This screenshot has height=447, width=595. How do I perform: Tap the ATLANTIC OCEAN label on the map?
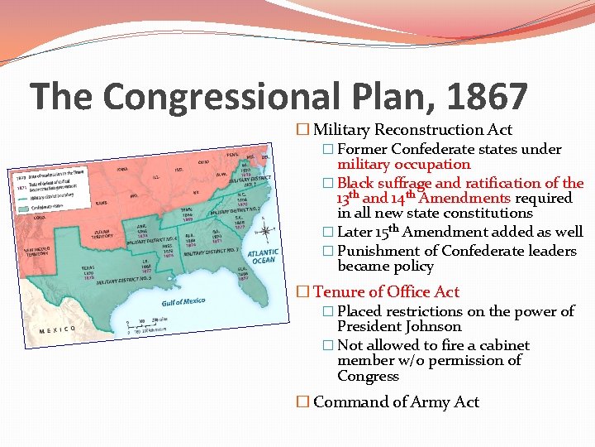click(x=264, y=256)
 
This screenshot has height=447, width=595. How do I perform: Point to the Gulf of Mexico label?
click(x=183, y=302)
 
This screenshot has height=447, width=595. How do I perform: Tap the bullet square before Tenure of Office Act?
click(x=302, y=291)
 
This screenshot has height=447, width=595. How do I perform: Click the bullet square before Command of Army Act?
click(x=302, y=401)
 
